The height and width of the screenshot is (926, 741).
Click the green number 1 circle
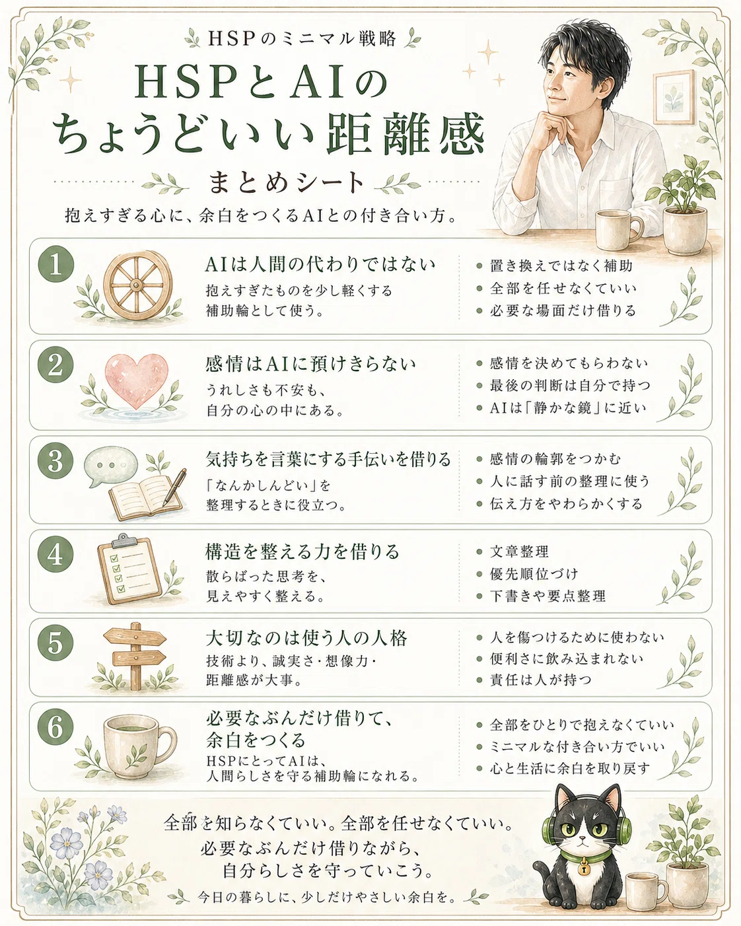[56, 264]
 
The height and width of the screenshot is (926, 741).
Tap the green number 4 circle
[55, 555]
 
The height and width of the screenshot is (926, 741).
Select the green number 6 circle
[55, 727]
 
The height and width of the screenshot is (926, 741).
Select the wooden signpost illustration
[135, 656]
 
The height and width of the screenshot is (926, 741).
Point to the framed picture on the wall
[674, 97]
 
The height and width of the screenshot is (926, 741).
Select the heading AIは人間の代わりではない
[320, 265]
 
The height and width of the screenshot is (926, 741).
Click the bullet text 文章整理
[519, 552]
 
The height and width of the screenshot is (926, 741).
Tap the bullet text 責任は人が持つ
[541, 680]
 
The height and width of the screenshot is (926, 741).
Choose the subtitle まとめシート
[286, 182]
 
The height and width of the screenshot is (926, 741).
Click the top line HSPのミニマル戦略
[302, 39]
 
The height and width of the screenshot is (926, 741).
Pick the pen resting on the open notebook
[175, 487]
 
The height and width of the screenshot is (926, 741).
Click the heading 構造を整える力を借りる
[302, 552]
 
